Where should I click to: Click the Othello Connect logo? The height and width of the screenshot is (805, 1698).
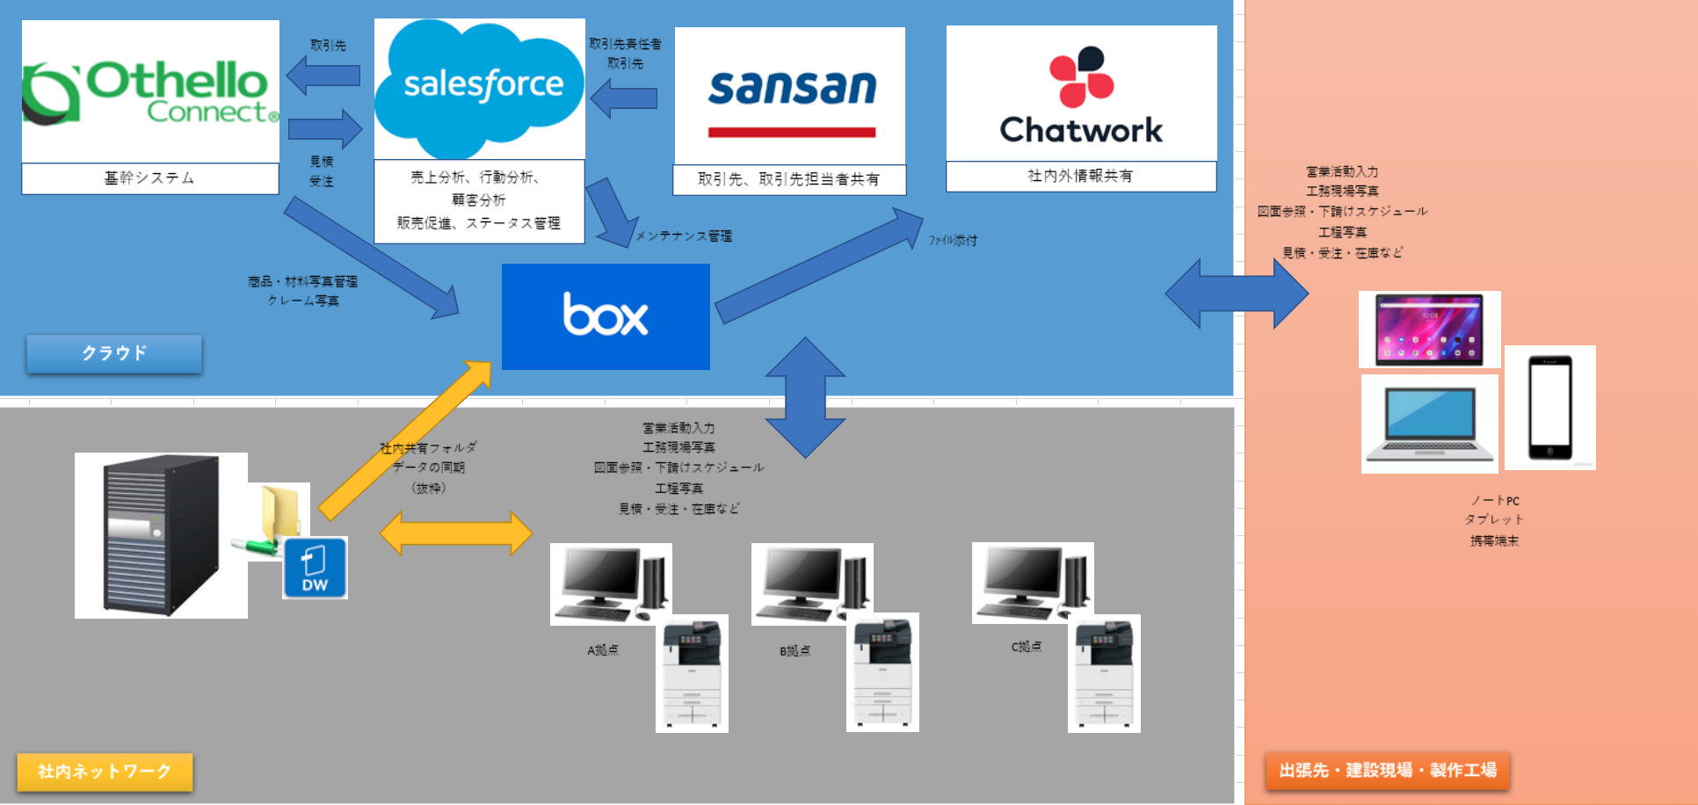coord(149,91)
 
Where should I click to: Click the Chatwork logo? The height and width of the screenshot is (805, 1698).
coord(1081,94)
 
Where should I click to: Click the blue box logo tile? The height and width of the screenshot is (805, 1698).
coord(606,316)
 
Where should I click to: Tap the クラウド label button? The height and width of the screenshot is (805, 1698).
coord(114,353)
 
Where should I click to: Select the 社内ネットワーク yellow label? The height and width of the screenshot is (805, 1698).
coord(105,772)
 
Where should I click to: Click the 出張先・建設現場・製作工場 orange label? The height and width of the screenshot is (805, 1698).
coord(1387,771)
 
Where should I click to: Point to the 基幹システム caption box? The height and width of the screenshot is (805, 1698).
coord(149,178)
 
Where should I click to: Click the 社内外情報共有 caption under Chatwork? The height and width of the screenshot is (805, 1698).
coord(1080,176)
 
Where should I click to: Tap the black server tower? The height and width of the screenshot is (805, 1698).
coord(160,534)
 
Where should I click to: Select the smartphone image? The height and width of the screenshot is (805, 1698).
coord(1549,408)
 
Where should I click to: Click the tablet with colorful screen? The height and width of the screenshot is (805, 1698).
coord(1429,330)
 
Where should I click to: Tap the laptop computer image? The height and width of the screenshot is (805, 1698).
coord(1429,424)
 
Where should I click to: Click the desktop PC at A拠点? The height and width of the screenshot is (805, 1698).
coord(610,584)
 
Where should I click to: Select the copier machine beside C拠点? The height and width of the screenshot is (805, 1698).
coord(1104,673)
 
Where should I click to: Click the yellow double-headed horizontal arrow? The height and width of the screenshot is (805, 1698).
coord(455,533)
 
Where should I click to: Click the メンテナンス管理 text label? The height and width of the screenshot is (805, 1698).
coord(683,236)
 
